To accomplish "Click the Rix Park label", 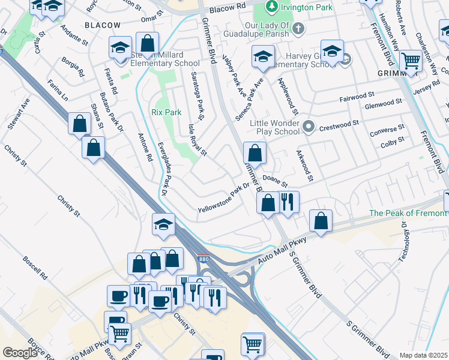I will pos(166,112).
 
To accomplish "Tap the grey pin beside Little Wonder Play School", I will pos(309,126).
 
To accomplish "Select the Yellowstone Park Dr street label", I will pos(223,198).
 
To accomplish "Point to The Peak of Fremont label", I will pos(408,213).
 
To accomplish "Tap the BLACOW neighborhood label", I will pos(102,25).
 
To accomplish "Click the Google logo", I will pos(19,353).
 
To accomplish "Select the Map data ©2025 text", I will pos(423,355).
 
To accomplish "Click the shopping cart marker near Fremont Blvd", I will pos(411,60).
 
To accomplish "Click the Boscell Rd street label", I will pos(35,271).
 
